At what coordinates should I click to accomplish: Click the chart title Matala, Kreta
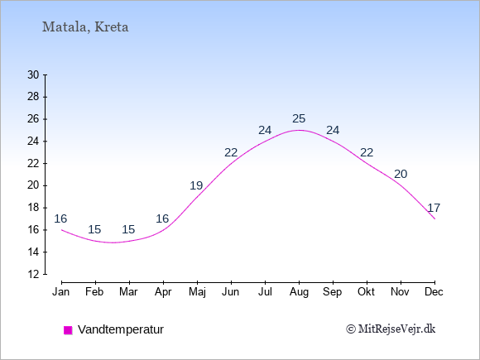[85, 27]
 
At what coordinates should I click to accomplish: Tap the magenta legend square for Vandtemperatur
[68, 330]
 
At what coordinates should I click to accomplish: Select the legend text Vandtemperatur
[121, 329]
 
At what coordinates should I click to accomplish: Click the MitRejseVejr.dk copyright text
[391, 329]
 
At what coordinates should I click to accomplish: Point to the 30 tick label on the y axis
[33, 74]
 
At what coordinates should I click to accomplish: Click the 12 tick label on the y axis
[33, 274]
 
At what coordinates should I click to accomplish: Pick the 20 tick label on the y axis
[33, 185]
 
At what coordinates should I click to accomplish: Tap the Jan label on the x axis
[61, 292]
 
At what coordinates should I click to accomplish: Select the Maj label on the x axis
[197, 292]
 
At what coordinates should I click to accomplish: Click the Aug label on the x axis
[299, 292]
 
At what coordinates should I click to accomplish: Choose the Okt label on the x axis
[366, 292]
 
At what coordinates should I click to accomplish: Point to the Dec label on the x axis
[434, 292]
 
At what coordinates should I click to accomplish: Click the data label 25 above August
[299, 119]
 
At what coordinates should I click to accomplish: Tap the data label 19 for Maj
[196, 185]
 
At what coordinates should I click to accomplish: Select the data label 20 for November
[401, 174]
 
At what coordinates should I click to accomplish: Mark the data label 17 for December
[434, 209]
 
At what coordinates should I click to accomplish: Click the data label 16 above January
[60, 218]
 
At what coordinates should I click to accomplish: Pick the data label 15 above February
[94, 229]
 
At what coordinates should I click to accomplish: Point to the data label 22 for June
[231, 152]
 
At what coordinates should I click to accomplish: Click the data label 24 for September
[333, 131]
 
